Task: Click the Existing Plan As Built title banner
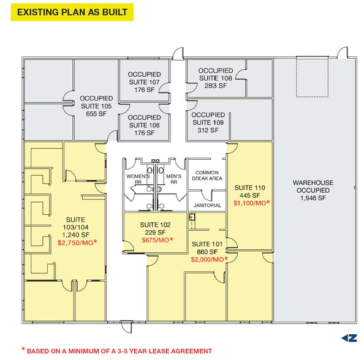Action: pyautogui.click(x=72, y=12)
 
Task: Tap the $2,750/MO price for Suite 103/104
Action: pyautogui.click(x=77, y=242)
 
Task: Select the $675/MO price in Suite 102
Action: pyautogui.click(x=157, y=240)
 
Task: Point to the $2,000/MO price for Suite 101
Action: pyautogui.click(x=209, y=260)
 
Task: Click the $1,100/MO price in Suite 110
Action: pyautogui.click(x=252, y=203)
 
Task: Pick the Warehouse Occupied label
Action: pyautogui.click(x=313, y=187)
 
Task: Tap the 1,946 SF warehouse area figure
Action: pyautogui.click(x=313, y=198)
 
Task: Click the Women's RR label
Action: pyautogui.click(x=138, y=179)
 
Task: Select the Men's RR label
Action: pyautogui.click(x=173, y=179)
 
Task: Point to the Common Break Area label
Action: pyautogui.click(x=207, y=175)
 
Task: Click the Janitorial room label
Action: pyautogui.click(x=207, y=205)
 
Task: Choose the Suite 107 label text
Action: pyautogui.click(x=145, y=82)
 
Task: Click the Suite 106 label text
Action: pyautogui.click(x=145, y=126)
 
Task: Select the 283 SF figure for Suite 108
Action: pyautogui.click(x=216, y=86)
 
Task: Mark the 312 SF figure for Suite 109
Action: pyautogui.click(x=208, y=130)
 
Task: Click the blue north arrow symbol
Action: pyautogui.click(x=349, y=338)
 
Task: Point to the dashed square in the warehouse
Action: pyautogui.click(x=312, y=78)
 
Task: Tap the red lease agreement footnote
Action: pyautogui.click(x=117, y=351)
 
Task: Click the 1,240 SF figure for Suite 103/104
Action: pyautogui.click(x=75, y=234)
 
